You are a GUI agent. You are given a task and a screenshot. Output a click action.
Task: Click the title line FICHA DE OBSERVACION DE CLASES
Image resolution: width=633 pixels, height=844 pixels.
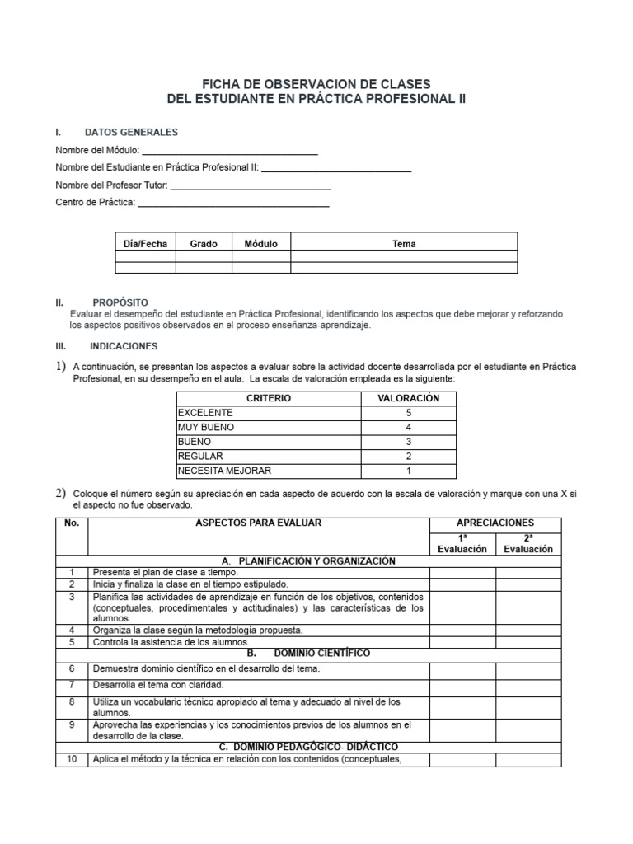point(316,84)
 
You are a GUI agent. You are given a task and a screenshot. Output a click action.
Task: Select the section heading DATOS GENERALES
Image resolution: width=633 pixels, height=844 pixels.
point(131,132)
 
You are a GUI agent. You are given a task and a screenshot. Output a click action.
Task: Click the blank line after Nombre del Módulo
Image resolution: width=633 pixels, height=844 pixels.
point(230,151)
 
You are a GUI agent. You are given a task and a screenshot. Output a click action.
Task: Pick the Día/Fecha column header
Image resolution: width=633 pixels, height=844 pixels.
point(145,244)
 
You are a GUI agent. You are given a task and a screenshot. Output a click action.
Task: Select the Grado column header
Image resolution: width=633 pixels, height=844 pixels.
point(204,244)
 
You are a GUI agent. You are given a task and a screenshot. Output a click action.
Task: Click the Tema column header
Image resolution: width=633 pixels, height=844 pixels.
point(404,244)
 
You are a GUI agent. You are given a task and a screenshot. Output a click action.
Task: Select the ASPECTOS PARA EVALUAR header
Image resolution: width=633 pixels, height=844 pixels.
point(258,523)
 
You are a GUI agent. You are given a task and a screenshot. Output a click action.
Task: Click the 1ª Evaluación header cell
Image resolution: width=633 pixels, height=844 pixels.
point(462,544)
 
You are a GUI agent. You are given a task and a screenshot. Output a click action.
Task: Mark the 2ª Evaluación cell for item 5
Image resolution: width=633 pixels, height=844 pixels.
point(527,642)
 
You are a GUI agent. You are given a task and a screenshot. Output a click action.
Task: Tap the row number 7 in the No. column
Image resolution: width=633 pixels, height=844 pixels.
point(72,685)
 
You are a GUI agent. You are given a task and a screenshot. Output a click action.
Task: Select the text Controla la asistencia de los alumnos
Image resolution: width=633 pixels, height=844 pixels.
point(171,642)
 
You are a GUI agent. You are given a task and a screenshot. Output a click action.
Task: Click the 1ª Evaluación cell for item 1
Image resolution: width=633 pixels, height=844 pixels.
point(462,572)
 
